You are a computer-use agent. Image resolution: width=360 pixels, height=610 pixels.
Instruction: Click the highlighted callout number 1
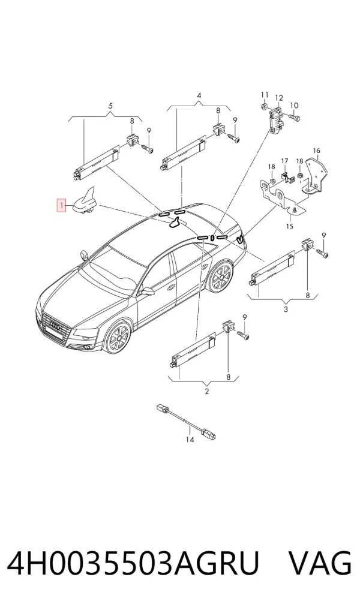click(61, 205)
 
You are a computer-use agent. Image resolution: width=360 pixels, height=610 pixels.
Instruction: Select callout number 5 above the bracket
click(110, 106)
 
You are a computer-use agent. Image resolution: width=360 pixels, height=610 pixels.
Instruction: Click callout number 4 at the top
click(199, 95)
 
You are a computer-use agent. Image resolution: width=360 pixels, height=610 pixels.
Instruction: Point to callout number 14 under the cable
click(190, 440)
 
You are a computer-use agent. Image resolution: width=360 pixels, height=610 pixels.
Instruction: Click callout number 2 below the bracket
click(206, 391)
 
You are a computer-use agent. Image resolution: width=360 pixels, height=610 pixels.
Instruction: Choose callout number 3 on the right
click(286, 309)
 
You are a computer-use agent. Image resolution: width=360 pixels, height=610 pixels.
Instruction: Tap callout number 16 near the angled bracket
click(316, 151)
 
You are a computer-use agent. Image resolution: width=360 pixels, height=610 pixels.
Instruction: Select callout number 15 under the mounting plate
click(289, 226)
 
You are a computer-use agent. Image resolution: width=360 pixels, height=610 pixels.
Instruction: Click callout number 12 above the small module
click(279, 98)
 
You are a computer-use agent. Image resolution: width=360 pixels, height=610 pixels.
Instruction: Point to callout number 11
click(265, 95)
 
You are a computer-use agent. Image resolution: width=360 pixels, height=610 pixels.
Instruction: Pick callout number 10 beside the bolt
click(294, 106)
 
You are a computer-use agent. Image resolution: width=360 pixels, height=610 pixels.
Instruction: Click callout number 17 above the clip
click(285, 161)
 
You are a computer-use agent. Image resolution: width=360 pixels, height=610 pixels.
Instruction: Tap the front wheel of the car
click(117, 336)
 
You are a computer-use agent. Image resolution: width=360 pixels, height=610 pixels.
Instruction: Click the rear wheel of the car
click(221, 277)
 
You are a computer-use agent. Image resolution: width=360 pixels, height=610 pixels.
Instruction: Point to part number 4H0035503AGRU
click(133, 563)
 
